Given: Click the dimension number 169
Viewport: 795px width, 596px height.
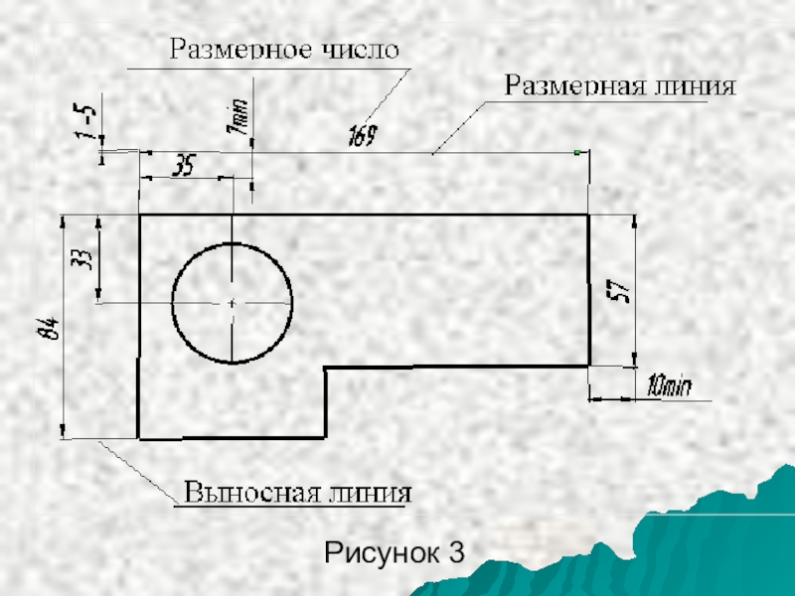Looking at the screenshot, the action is click(362, 136).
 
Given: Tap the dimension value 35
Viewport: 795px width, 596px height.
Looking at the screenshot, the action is click(185, 165).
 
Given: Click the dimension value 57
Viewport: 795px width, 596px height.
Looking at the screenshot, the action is click(618, 291).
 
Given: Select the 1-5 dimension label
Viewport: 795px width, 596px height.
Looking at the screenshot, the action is click(89, 121).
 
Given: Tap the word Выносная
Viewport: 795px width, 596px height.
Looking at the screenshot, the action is click(248, 494).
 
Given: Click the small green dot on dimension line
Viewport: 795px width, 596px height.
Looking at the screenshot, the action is click(577, 152).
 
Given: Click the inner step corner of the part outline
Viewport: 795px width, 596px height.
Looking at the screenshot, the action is click(327, 367).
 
